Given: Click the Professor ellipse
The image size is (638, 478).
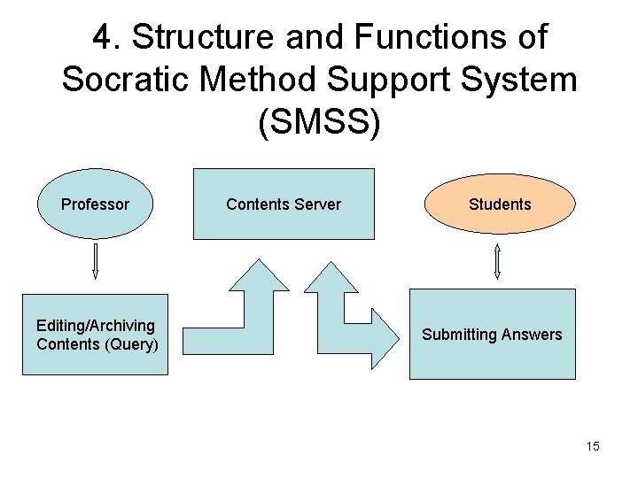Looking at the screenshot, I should (x=95, y=204).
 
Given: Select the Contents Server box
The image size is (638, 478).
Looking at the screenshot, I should (x=284, y=204).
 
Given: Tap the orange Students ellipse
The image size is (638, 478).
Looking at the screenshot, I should (x=500, y=204).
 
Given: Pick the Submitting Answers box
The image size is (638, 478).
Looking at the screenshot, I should (x=492, y=335).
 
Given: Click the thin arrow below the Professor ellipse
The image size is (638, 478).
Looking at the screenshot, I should (x=95, y=261).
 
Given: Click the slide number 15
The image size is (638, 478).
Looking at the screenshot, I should (x=593, y=446).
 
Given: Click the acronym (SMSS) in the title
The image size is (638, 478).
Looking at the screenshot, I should (x=319, y=122).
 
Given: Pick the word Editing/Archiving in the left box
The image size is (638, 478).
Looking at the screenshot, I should (x=96, y=326).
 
